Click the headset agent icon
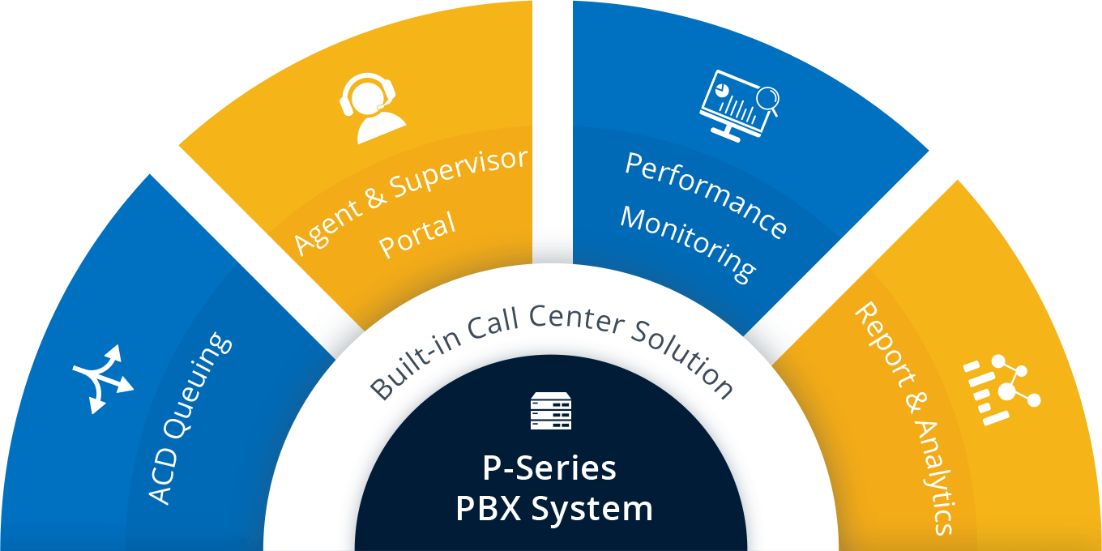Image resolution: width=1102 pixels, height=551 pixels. click(372, 108)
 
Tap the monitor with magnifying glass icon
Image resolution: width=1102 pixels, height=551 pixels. click(737, 104)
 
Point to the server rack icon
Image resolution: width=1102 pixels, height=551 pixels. click(551, 411)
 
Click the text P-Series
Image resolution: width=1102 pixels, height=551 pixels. click(549, 468)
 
